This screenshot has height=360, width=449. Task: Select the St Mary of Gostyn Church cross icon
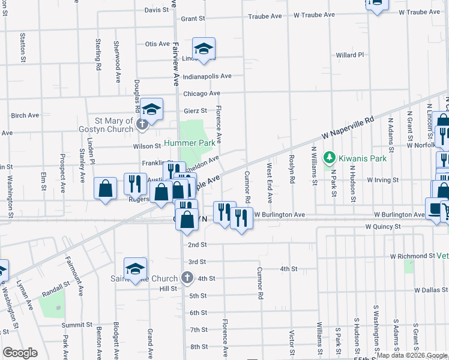click(142, 125)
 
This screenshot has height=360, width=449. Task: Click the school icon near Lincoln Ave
click(203, 49)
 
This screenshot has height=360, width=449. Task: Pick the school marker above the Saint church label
click(136, 269)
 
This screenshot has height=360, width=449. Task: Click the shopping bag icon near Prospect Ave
click(106, 188)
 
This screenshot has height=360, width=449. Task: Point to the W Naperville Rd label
click(347, 130)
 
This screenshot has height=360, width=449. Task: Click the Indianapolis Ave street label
click(207, 76)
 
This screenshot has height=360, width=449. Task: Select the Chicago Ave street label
click(201, 94)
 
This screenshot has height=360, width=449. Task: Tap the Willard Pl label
click(350, 55)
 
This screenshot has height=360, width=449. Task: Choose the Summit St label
click(75, 325)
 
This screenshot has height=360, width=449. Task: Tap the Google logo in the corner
click(20, 352)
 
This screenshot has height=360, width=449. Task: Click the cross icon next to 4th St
click(187, 278)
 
